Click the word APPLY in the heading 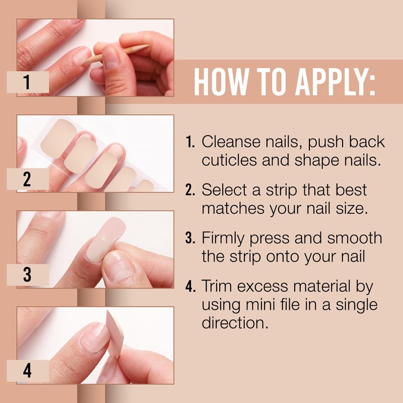pos(335,82)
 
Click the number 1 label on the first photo pos(28,82)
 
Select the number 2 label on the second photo pos(28,179)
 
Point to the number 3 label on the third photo pos(28,275)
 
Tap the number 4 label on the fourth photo pos(28,371)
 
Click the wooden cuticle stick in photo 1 pos(116,54)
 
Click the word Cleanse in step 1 pos(231,142)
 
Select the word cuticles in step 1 pos(229,160)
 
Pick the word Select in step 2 pos(224,190)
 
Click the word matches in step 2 pos(233,208)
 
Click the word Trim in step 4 pos(217,286)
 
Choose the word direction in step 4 pos(235,322)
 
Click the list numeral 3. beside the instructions pos(190,238)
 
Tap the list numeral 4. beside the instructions pos(190,286)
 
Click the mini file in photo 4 pos(115,334)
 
